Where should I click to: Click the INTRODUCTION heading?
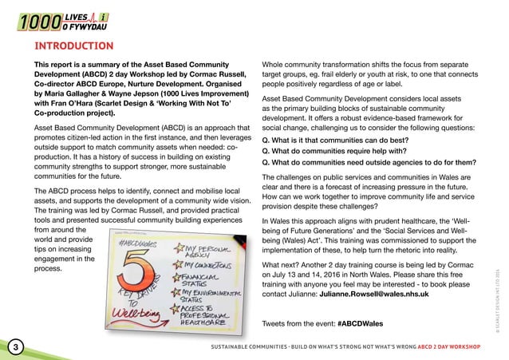68,46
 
